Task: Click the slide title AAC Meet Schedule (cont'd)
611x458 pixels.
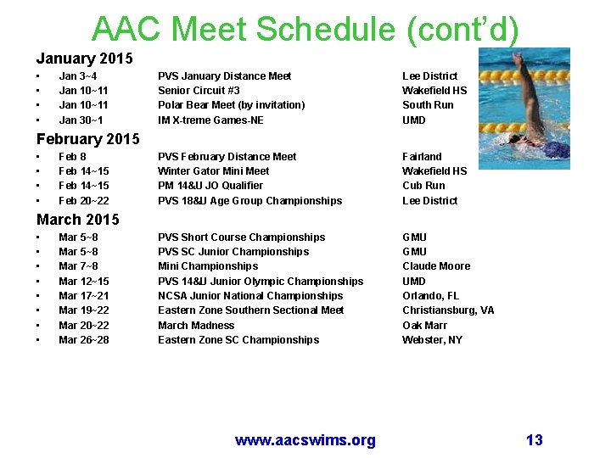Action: pos(305,29)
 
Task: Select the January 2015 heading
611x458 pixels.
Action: pos(84,59)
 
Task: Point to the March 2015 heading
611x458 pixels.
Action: pos(77,219)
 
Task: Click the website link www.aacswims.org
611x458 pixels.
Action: pos(305,439)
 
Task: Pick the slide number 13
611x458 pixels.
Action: pos(534,439)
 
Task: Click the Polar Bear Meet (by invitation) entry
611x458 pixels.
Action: pos(231,105)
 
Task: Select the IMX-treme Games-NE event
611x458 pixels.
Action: pos(210,120)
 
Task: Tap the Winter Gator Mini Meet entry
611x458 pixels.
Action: pos(213,171)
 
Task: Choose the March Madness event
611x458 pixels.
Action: pos(195,325)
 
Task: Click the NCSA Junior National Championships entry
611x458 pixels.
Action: pos(250,296)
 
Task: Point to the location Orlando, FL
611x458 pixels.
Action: pos(430,296)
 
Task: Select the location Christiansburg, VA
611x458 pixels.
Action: pos(447,310)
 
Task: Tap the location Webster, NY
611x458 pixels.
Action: pos(432,340)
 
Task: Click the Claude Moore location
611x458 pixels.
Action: pos(435,266)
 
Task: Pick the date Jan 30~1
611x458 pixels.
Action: pos(81,120)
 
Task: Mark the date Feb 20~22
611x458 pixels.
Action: pos(83,201)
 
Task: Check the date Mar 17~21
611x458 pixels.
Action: pos(83,296)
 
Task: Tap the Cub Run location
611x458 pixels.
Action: pos(423,186)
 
